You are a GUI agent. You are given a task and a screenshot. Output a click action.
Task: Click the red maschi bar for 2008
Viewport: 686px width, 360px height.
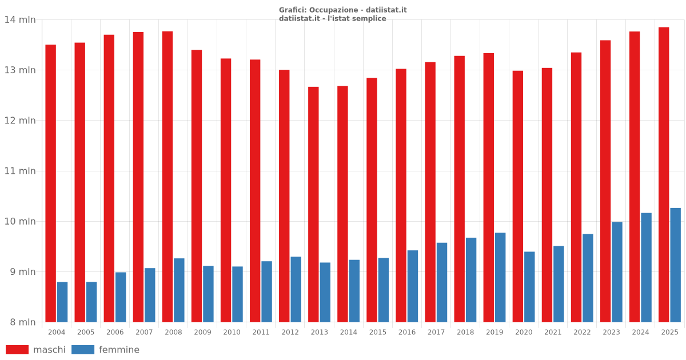[x=167, y=177]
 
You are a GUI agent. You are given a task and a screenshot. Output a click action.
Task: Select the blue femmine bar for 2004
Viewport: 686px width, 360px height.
[x=62, y=302]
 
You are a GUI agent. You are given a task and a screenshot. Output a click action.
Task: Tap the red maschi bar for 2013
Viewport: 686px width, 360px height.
[x=313, y=205]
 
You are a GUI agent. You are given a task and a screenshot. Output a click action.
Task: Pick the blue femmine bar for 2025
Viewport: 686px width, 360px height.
[x=675, y=265]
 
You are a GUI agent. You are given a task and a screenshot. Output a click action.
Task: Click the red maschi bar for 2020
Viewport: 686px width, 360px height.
[x=517, y=197]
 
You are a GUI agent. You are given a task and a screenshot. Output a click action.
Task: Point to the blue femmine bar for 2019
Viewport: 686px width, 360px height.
[x=500, y=277]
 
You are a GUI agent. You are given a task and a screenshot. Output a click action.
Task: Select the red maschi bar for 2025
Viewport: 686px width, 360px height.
[x=664, y=174]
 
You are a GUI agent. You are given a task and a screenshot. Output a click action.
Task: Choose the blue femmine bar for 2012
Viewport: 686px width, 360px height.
[x=296, y=289]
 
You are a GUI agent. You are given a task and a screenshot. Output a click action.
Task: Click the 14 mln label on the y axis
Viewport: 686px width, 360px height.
[x=20, y=20]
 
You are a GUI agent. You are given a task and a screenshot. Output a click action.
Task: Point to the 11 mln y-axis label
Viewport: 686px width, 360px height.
[x=20, y=171]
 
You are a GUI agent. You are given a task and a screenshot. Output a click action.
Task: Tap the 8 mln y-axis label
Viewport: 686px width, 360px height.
[x=23, y=322]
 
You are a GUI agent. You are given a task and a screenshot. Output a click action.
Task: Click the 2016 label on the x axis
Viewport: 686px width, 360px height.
[x=406, y=332]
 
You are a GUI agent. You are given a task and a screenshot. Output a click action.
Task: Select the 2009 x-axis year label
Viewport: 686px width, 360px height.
[x=202, y=332]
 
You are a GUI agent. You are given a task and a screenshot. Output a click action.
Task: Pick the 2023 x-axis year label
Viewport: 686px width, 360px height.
[x=611, y=332]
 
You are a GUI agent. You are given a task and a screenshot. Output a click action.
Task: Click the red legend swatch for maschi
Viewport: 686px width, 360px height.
[x=17, y=350]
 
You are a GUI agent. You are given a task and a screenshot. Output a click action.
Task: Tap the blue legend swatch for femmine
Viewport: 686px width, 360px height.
[x=83, y=350]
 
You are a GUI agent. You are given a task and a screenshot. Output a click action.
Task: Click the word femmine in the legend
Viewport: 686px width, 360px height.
[x=119, y=350]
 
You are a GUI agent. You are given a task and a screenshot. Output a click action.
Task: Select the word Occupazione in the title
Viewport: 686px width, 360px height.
[x=333, y=10]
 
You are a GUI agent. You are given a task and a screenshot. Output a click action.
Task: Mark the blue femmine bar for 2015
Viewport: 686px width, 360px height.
[x=384, y=290]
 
